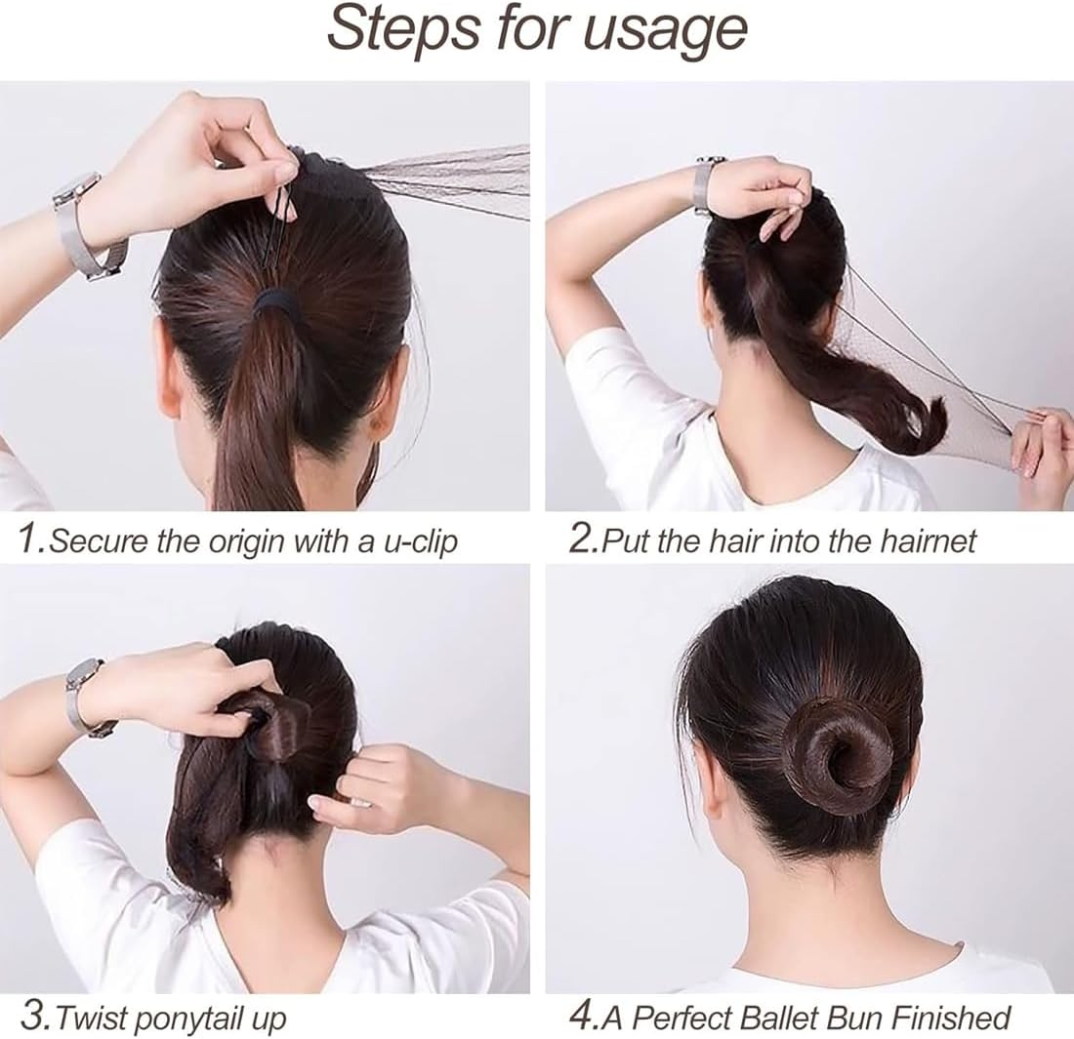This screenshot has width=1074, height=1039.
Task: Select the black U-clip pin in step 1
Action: coord(275,226)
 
